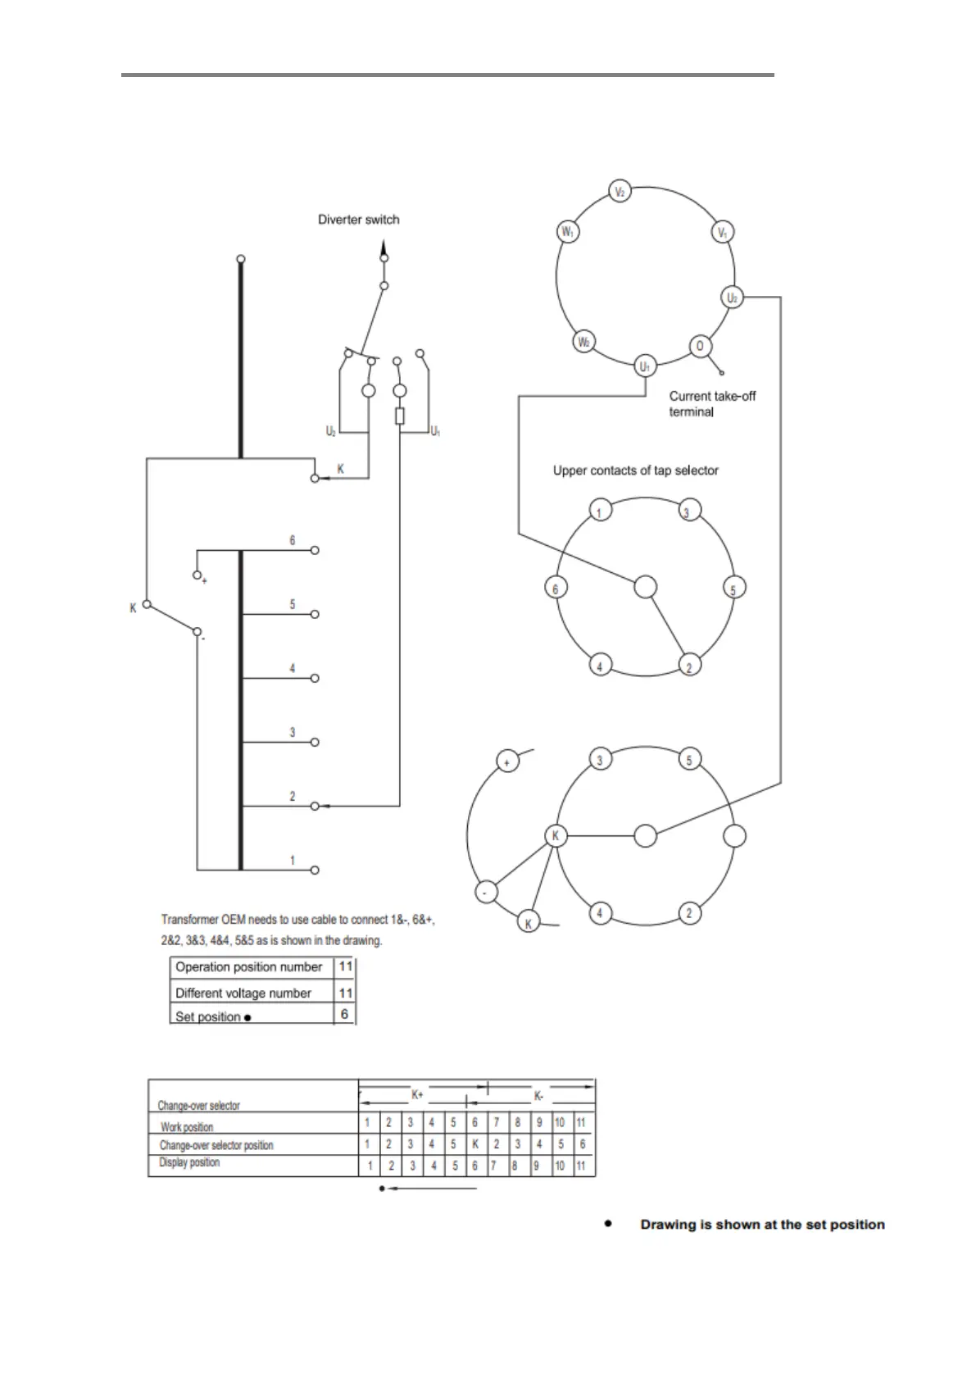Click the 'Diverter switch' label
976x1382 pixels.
(358, 220)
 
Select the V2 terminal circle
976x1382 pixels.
(620, 192)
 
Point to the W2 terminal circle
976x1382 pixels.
(583, 342)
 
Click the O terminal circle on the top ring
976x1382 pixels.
(699, 346)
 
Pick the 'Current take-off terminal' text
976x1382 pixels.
(711, 403)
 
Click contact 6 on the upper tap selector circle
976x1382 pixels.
(556, 588)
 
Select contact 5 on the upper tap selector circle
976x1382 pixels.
(733, 589)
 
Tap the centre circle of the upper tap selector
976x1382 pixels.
(646, 587)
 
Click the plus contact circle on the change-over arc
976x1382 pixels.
(507, 761)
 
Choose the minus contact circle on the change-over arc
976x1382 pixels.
(486, 893)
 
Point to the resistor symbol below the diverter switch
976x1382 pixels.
(399, 416)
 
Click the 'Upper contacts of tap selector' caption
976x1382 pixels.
(635, 471)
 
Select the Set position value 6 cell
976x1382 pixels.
(345, 1015)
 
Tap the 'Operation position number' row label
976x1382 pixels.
(248, 967)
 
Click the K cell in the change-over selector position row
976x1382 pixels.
(475, 1144)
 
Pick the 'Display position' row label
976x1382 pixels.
(189, 1162)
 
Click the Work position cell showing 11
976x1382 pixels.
(581, 1123)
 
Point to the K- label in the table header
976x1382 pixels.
(538, 1096)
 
